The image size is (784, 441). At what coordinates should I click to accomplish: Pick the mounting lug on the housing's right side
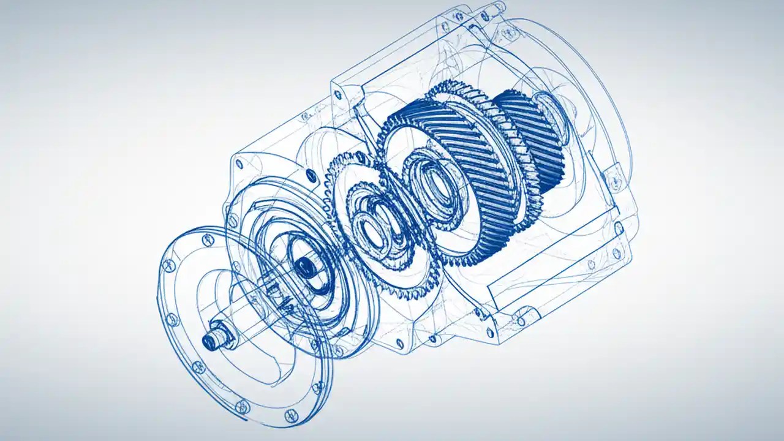click(x=612, y=178)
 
